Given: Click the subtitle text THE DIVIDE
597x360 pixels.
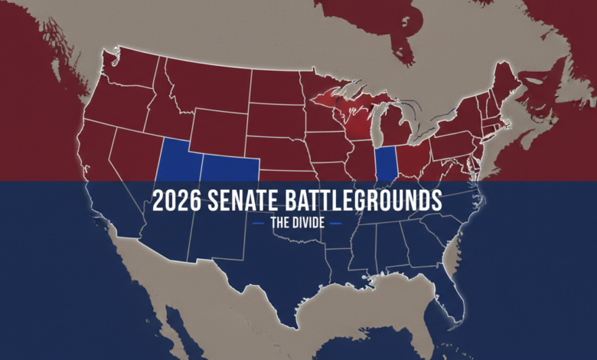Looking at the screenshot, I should (x=298, y=223).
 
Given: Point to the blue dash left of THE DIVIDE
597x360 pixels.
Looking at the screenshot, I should (x=258, y=223).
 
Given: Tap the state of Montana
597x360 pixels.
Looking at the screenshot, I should (x=203, y=84).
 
